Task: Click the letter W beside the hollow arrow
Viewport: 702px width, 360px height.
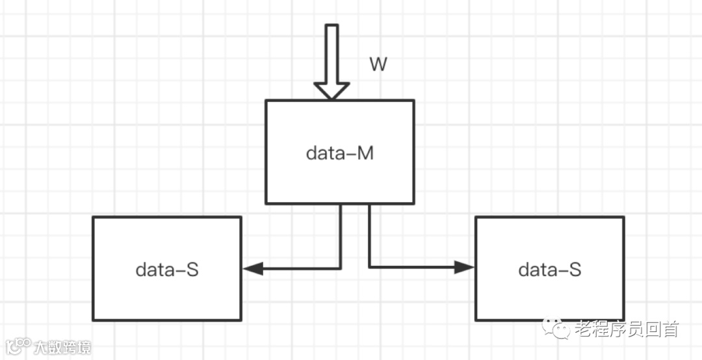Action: [378, 64]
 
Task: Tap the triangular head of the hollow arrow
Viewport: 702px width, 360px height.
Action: [331, 91]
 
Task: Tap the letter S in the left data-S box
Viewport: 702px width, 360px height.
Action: [192, 269]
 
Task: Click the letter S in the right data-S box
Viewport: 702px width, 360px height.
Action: [575, 269]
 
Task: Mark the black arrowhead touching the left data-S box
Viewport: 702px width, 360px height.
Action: [252, 268]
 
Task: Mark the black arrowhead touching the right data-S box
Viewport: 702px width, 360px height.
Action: [465, 267]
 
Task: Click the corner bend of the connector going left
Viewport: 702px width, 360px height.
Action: [341, 268]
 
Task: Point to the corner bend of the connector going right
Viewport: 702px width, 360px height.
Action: [369, 267]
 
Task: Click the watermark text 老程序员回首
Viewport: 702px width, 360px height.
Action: [626, 329]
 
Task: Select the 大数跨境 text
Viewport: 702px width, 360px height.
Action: [62, 346]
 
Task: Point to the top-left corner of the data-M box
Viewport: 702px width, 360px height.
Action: [266, 101]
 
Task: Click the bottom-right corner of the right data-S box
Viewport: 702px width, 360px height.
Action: [623, 320]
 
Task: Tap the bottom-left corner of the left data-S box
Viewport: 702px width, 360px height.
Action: [94, 320]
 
